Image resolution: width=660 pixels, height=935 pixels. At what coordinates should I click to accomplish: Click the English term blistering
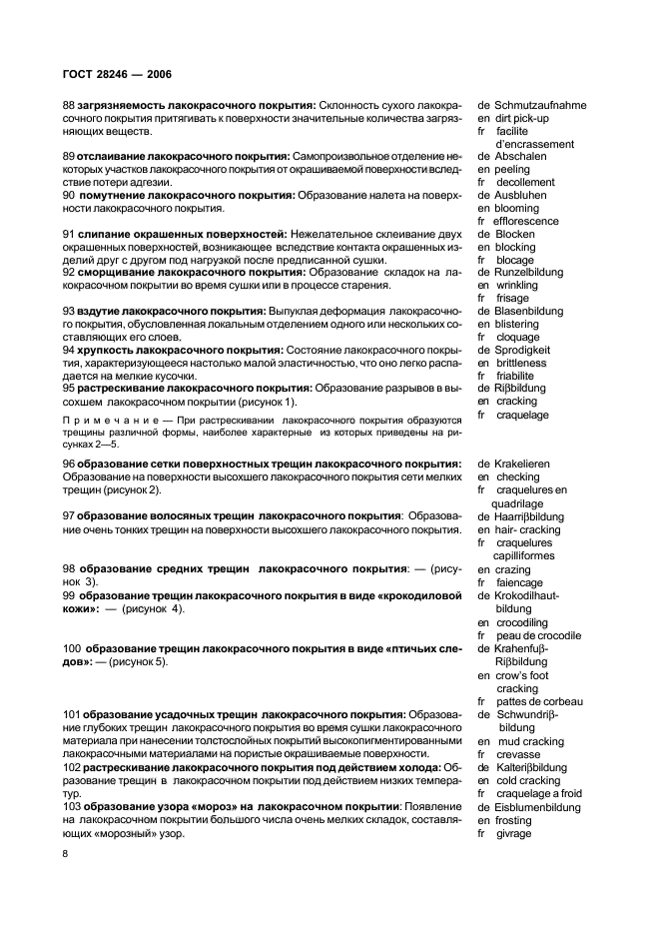521,325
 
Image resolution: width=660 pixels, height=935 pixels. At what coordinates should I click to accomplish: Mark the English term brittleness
525,363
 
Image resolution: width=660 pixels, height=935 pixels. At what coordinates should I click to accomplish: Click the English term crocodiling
526,620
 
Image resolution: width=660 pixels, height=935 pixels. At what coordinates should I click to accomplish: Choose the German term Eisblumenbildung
544,807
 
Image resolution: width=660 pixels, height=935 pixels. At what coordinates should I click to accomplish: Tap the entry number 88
69,105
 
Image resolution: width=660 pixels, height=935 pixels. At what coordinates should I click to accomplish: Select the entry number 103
72,807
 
